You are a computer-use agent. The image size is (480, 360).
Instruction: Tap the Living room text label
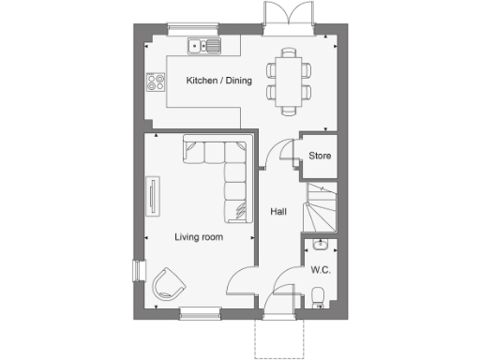coord(199,237)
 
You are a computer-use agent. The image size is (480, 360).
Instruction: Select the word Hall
coord(278,212)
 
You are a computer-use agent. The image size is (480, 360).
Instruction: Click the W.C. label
coord(321,270)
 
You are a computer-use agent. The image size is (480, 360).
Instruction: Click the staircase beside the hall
coord(320,206)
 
